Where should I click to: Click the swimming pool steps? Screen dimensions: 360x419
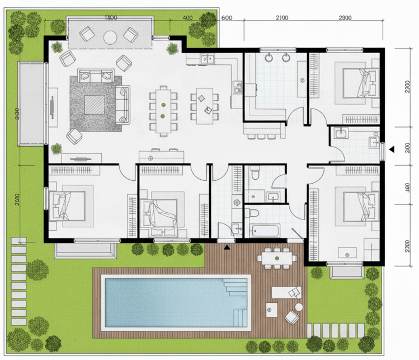234,302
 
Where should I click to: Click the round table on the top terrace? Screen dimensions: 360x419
110,37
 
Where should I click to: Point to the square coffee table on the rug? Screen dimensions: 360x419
93,104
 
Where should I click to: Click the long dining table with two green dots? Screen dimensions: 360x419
162,110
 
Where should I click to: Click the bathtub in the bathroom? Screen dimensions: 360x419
265,230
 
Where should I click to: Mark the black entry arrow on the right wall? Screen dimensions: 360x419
392,148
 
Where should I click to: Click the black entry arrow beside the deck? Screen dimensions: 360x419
227,246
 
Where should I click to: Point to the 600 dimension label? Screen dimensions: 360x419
227,17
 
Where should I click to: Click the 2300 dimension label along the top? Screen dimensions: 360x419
345,17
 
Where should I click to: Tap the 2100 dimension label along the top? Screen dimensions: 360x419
283,17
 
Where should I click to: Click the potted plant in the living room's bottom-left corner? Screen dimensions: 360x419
56,148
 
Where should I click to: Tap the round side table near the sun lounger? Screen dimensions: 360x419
272,308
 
